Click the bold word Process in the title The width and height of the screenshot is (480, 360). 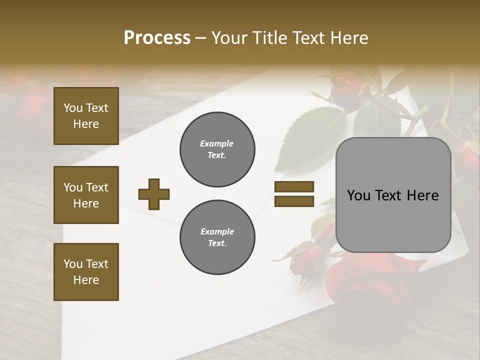pos(157,38)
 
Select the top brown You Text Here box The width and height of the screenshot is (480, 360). pos(86,116)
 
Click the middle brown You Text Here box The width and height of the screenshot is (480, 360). pos(86,195)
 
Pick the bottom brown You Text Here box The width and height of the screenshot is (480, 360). pos(86,272)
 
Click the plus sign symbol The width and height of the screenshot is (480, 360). pos(154,194)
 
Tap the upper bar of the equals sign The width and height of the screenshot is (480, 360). pos(294,186)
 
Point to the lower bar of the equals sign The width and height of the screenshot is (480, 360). pos(294,201)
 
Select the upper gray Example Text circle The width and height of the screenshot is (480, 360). pos(217,149)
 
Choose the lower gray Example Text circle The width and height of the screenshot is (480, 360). pos(217,237)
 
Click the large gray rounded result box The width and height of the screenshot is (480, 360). pos(393,195)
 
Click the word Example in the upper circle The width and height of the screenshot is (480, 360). pos(217,143)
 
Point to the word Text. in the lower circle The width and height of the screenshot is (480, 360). pos(217,243)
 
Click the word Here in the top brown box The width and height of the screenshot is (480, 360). pos(86,124)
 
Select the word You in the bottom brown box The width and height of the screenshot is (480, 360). pos(73,264)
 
